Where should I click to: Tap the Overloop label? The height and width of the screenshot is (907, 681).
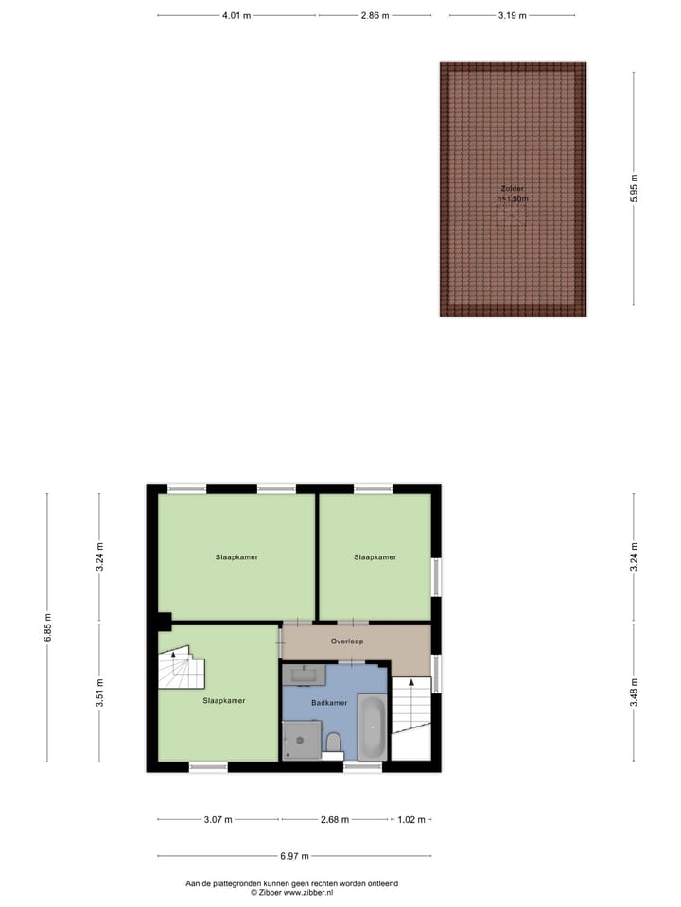[347, 642]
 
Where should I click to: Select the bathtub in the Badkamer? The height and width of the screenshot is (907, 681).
[372, 727]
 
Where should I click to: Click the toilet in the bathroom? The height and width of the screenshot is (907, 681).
[333, 743]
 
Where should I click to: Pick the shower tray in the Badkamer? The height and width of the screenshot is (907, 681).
[302, 740]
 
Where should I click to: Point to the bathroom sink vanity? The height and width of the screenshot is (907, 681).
[305, 675]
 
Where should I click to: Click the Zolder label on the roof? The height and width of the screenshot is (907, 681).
[512, 188]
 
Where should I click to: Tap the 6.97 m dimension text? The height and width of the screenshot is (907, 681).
[293, 856]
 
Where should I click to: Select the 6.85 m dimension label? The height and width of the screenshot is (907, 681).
[47, 627]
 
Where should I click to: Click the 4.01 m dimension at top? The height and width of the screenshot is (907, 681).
[236, 16]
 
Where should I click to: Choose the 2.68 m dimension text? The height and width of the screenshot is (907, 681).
[334, 820]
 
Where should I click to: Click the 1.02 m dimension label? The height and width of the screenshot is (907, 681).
[410, 820]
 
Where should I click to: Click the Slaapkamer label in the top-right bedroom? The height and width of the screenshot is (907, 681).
[375, 557]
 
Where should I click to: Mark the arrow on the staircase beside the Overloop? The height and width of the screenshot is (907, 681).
[410, 682]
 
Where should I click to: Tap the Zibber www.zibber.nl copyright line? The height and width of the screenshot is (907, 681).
[291, 892]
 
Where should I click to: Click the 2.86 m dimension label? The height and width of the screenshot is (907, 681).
[374, 16]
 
